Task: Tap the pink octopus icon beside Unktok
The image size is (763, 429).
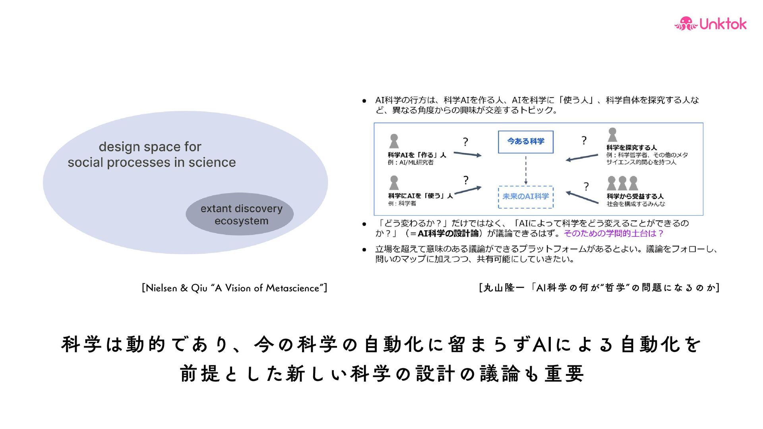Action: coord(686,24)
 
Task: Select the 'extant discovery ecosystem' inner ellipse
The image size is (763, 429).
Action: coord(240,214)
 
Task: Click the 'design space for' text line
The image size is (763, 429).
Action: coord(150,147)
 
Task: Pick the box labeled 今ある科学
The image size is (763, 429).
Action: coord(525,142)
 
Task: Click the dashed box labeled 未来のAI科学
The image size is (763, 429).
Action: coord(525,197)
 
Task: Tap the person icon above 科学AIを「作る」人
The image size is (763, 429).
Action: coord(394,141)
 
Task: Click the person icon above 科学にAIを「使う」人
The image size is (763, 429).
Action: coord(394,183)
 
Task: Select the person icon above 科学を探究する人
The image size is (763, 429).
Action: coord(612,135)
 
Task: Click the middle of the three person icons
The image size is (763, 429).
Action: coord(622,184)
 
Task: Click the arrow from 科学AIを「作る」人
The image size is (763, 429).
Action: coord(467,154)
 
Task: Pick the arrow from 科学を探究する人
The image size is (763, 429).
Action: coord(581,157)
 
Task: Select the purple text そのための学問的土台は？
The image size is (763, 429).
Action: coord(614,234)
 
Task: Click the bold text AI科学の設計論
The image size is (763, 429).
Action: coord(448,234)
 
